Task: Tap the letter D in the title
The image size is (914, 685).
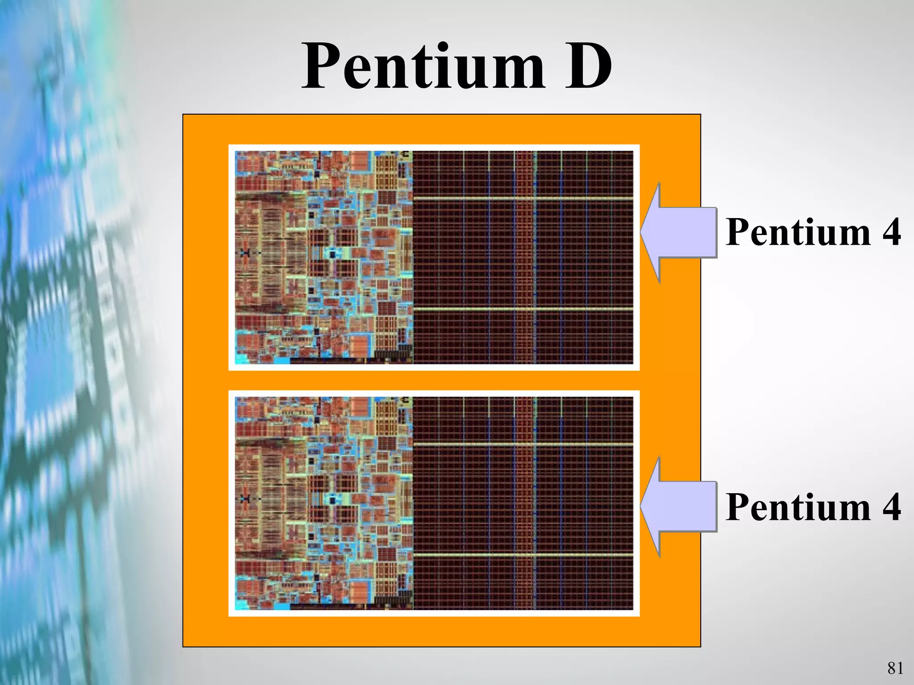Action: pyautogui.click(x=588, y=67)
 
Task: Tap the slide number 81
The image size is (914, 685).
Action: pyautogui.click(x=895, y=668)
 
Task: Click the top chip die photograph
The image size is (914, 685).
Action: pyautogui.click(x=434, y=257)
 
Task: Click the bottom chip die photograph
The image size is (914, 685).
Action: pyautogui.click(x=434, y=503)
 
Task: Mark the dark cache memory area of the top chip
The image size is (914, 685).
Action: pyautogui.click(x=522, y=257)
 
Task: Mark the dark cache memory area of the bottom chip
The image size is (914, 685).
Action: pyautogui.click(x=522, y=503)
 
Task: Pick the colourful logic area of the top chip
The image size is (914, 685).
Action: pyautogui.click(x=324, y=257)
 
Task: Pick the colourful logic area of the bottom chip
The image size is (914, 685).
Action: pyautogui.click(x=324, y=503)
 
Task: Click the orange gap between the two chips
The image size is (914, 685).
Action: pyautogui.click(x=434, y=380)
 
